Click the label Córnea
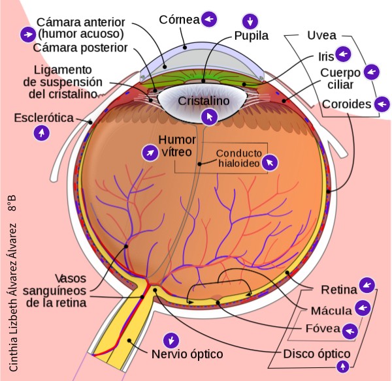tap(178, 19)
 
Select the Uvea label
tap(323, 35)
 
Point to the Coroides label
tap(346, 104)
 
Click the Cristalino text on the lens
tap(204, 102)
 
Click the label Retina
tap(338, 288)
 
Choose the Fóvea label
tap(322, 329)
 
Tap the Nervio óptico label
tap(187, 354)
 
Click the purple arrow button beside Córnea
tap(208, 19)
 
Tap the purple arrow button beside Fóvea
tap(351, 330)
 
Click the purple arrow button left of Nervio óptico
tap(171, 340)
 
